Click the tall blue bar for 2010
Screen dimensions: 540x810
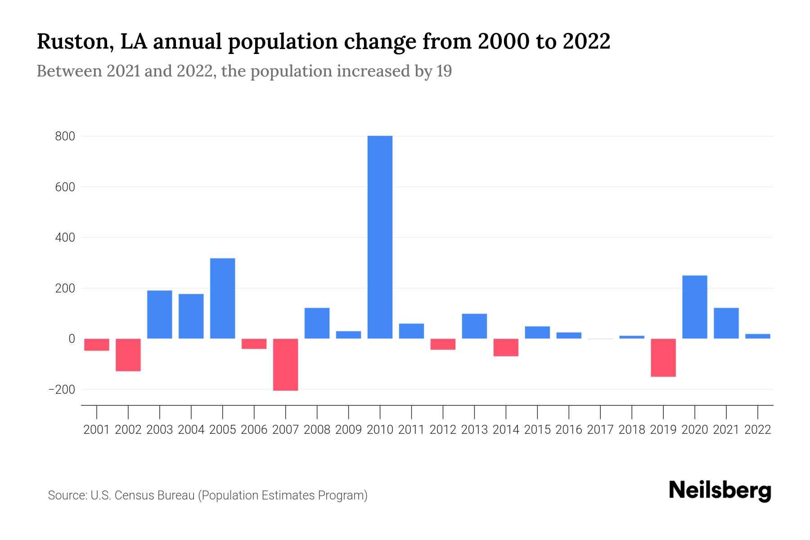(380, 237)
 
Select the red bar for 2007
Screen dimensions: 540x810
(285, 364)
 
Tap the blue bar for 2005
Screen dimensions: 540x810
(222, 298)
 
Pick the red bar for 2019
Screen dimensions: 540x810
(663, 358)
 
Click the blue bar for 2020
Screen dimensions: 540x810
(695, 307)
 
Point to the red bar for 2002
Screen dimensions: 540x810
(128, 355)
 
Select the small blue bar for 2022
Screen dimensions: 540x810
(758, 336)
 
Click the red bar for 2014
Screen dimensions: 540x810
(506, 347)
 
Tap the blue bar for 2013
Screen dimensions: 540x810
(474, 326)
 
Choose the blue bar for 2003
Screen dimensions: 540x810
(160, 315)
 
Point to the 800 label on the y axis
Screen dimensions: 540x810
(65, 136)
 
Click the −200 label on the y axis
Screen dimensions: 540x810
(62, 390)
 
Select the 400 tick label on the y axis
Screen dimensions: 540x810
(65, 238)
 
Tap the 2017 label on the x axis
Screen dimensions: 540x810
(600, 430)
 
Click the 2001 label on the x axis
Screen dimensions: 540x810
(97, 430)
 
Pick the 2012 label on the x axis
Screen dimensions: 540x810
(443, 430)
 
